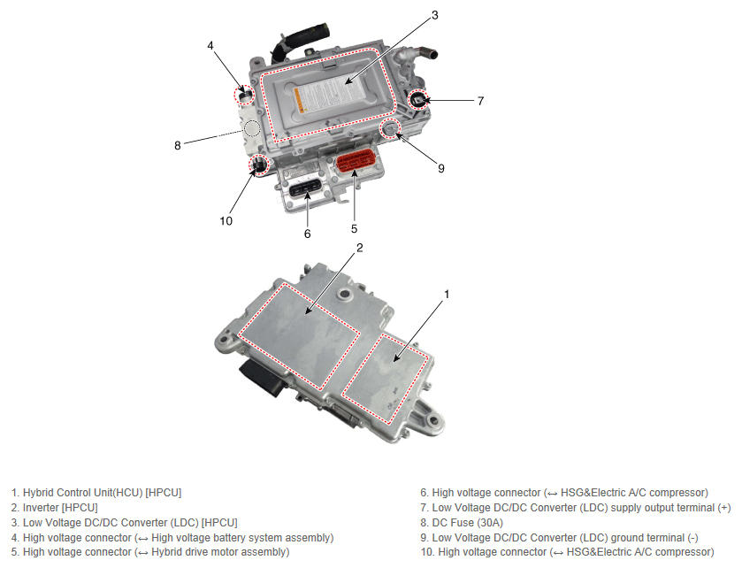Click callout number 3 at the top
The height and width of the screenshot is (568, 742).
click(435, 16)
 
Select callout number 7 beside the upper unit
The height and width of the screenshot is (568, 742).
click(480, 101)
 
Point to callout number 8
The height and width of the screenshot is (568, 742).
click(178, 145)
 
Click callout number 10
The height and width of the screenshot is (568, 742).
click(226, 221)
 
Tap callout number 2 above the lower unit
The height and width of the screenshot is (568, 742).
click(360, 248)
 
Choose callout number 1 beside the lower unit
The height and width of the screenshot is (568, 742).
click(447, 295)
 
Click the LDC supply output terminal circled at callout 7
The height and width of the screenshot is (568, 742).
click(418, 99)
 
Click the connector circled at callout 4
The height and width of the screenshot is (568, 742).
click(245, 95)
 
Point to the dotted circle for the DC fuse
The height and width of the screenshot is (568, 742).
click(252, 127)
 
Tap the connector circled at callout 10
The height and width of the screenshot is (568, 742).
click(258, 165)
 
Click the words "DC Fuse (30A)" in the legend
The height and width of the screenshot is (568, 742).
click(468, 523)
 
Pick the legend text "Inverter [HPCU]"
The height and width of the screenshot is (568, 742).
click(60, 508)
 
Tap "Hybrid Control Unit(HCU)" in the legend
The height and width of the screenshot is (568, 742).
click(83, 492)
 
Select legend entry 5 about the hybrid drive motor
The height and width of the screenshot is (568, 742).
click(150, 552)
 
